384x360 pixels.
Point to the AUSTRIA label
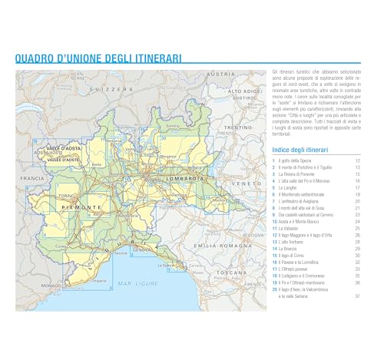click(x=221, y=74)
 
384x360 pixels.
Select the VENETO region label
click(x=250, y=184)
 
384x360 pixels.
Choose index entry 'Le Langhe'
click(x=290, y=187)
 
